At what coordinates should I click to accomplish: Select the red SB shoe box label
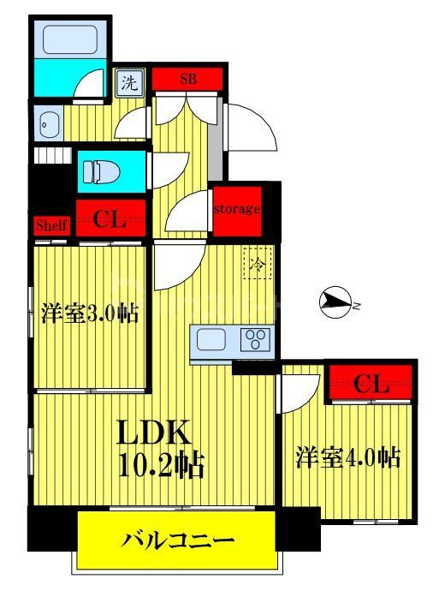click(188, 79)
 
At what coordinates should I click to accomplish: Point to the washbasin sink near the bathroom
click(46, 125)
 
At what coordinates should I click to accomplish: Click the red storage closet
click(235, 210)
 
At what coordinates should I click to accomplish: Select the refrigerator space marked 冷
click(257, 262)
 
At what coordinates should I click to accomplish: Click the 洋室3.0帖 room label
click(89, 313)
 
